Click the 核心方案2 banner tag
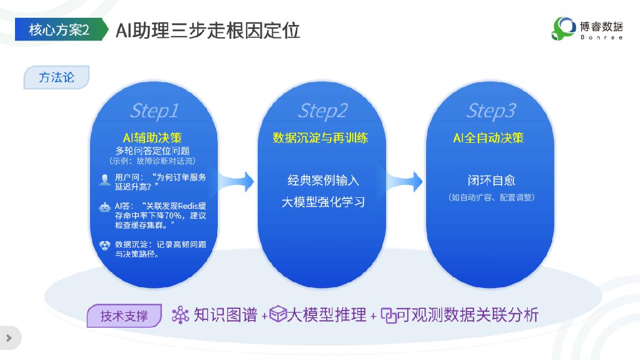click(61, 29)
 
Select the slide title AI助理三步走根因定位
click(208, 31)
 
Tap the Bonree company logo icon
click(563, 28)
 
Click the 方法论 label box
click(56, 77)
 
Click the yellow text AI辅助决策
click(152, 138)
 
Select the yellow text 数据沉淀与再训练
click(321, 138)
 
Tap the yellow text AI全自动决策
click(488, 138)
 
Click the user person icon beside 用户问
click(105, 180)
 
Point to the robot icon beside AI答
click(105, 208)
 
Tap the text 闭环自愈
click(492, 181)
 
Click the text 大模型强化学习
click(323, 202)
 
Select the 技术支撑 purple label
click(124, 316)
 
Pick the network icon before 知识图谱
click(181, 315)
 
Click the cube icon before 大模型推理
click(278, 314)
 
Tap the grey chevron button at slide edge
click(9, 338)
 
